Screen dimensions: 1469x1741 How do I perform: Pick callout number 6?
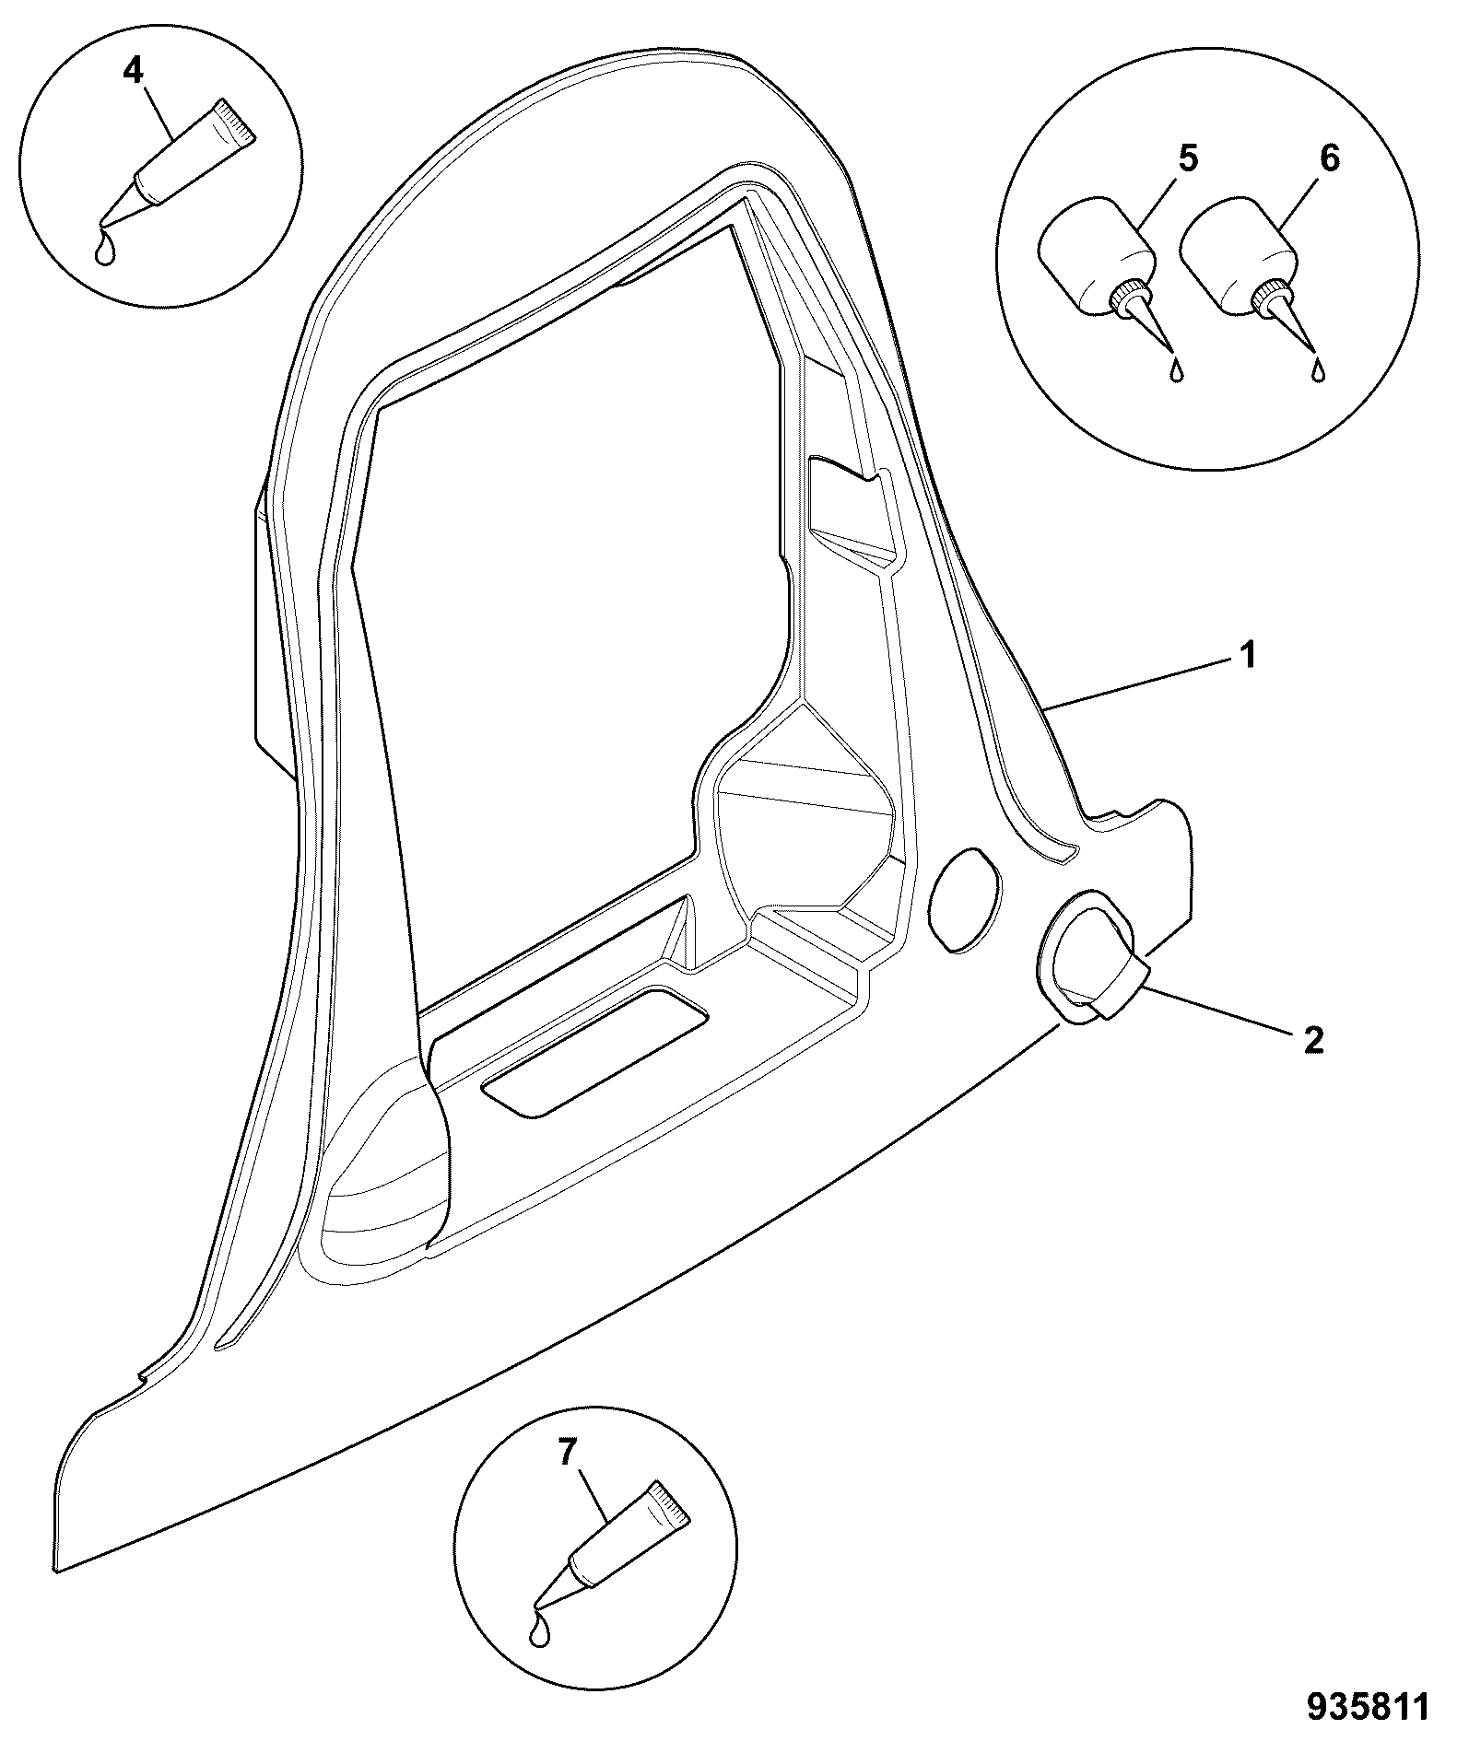pyautogui.click(x=1329, y=158)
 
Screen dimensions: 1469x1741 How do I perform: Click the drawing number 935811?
pyautogui.click(x=1368, y=1707)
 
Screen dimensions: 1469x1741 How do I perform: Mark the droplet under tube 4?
pyautogui.click(x=106, y=250)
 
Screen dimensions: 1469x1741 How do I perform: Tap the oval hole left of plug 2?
pyautogui.click(x=964, y=899)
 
